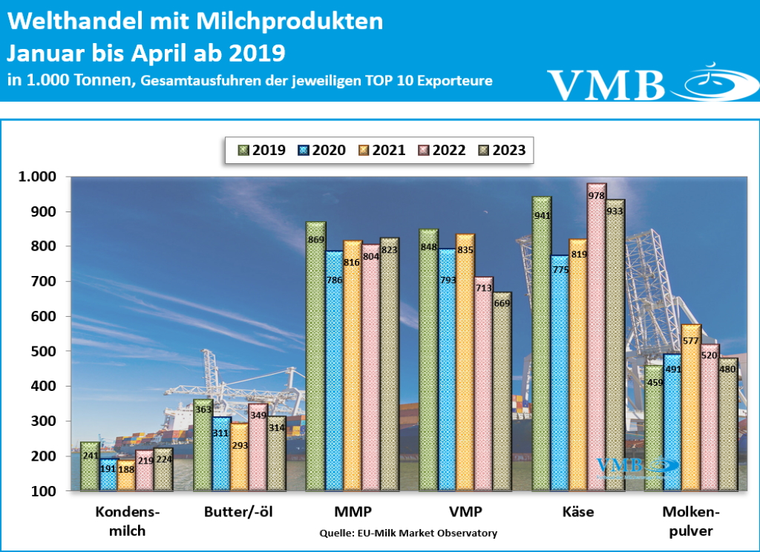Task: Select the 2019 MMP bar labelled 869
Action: [315, 357]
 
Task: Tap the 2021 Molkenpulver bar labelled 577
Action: [691, 408]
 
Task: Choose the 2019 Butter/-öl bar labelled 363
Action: [203, 445]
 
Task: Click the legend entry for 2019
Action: [259, 150]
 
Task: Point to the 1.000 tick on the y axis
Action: [37, 177]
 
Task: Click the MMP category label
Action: [353, 513]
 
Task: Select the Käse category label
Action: [579, 513]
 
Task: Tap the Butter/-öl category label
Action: [239, 513]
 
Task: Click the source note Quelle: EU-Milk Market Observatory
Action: [408, 533]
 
